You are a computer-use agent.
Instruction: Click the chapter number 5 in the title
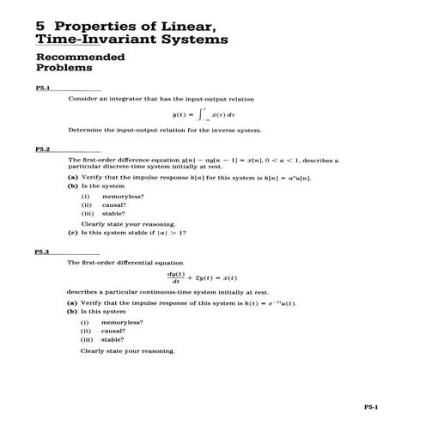40,25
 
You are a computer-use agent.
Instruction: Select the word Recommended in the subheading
80,58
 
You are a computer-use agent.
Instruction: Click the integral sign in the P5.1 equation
200,113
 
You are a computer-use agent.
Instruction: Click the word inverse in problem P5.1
227,131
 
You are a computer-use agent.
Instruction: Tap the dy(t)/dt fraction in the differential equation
180,278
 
